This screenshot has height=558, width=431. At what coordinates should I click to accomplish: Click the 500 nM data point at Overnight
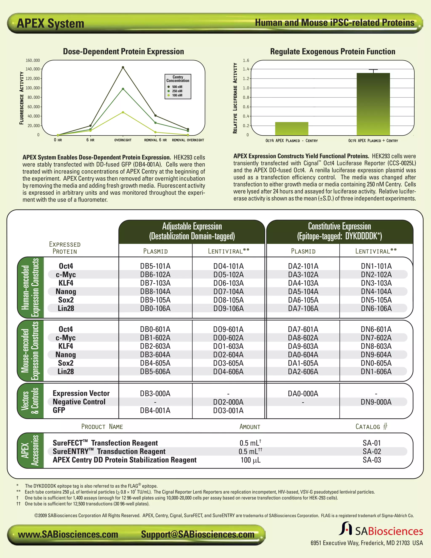click(123, 67)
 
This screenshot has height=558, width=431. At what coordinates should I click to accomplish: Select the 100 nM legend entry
click(177, 95)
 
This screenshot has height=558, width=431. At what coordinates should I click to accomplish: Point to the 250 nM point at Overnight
click(123, 89)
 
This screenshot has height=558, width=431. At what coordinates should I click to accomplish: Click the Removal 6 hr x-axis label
click(155, 140)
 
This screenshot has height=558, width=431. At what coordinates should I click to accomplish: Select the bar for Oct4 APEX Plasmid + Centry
click(373, 104)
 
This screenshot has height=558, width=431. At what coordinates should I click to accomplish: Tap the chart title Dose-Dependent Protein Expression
click(123, 51)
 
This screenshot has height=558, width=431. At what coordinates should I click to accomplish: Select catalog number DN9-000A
click(376, 402)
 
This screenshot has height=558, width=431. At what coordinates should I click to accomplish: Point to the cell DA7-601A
click(303, 329)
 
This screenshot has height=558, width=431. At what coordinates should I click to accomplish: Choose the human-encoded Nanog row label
click(66, 291)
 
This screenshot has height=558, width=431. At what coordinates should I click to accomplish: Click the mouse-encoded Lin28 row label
click(66, 371)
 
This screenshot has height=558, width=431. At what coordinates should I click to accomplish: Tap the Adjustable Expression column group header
click(192, 231)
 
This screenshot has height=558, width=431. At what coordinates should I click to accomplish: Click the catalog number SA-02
click(372, 451)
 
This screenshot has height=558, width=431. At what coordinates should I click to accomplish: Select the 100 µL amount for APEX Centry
click(250, 460)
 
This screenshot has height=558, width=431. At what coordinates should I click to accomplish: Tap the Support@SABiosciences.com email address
click(198, 534)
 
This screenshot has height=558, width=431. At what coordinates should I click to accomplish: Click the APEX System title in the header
click(50, 24)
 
